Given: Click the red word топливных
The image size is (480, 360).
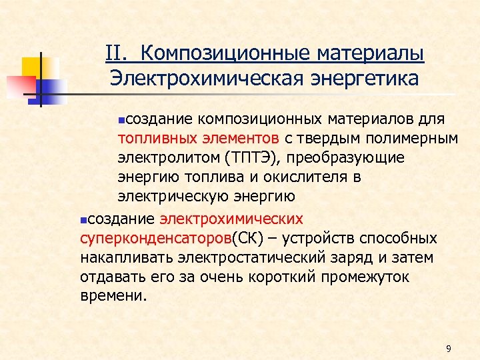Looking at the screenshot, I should [156, 138].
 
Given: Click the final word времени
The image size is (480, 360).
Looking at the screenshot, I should [111, 295].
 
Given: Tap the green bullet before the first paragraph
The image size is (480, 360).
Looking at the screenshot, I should [121, 120].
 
